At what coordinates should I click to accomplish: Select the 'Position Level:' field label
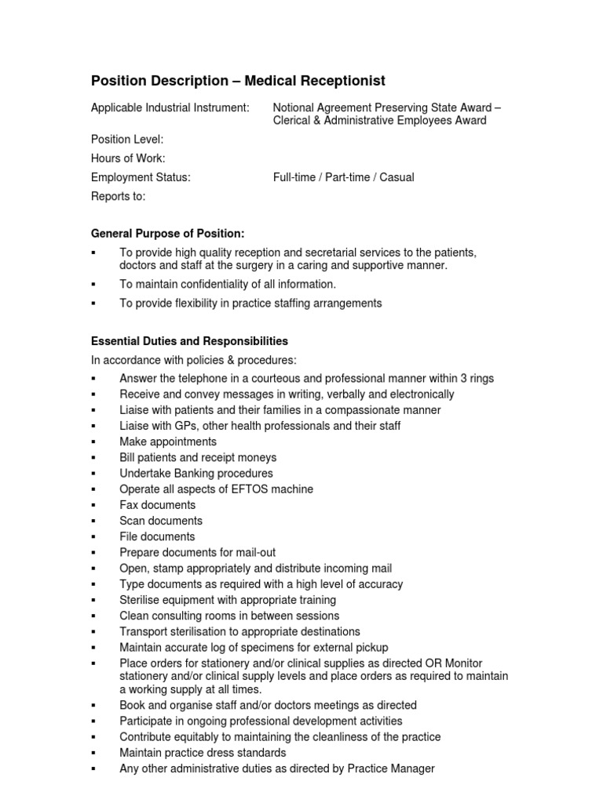(127, 140)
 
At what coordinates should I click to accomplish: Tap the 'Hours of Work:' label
(128, 158)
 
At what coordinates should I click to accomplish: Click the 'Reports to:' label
(119, 197)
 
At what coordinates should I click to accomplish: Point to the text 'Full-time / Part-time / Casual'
(343, 177)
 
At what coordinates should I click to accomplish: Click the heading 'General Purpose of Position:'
(168, 234)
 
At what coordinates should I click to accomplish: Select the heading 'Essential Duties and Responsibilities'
(189, 341)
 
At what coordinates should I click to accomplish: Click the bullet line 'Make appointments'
(168, 441)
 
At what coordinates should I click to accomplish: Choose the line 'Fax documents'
(157, 505)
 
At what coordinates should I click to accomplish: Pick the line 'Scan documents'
(160, 521)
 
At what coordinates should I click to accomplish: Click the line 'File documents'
(157, 536)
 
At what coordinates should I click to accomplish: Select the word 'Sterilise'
(141, 600)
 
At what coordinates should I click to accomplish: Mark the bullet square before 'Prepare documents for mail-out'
(93, 553)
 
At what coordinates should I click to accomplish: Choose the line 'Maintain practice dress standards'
(203, 753)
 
